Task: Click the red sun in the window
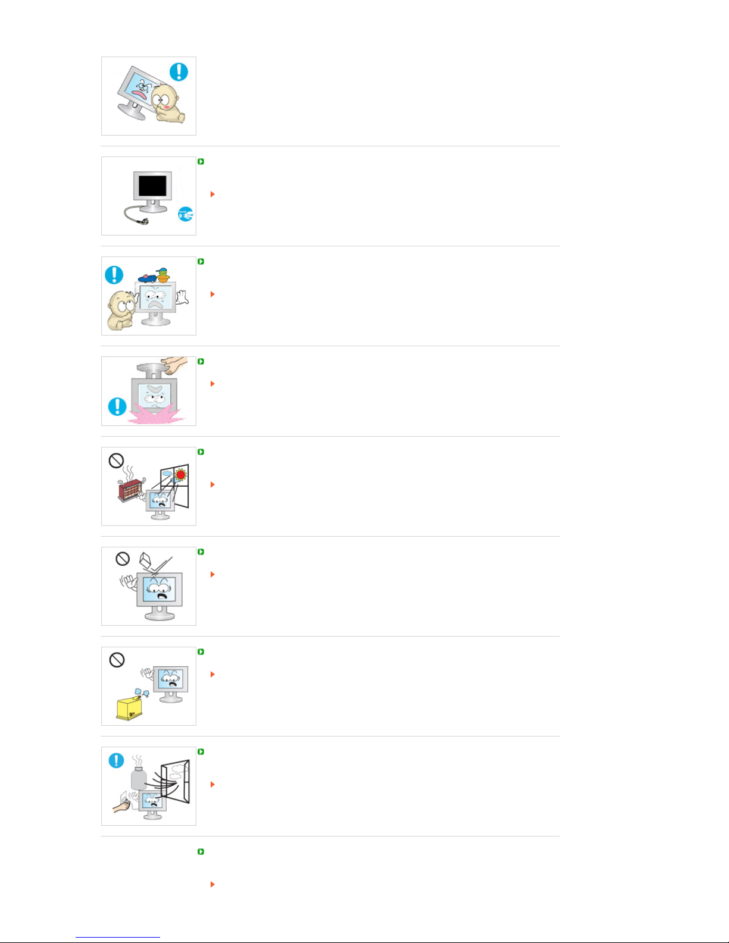click(x=180, y=475)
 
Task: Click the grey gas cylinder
click(x=139, y=778)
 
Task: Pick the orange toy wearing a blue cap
click(x=162, y=275)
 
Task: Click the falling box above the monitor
click(x=146, y=560)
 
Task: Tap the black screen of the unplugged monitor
click(x=152, y=186)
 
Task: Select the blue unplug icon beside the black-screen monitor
click(x=186, y=214)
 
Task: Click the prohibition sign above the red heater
click(x=116, y=460)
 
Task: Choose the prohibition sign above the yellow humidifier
click(x=117, y=660)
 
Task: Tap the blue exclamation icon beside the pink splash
click(x=117, y=407)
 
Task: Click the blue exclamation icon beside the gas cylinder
click(x=116, y=760)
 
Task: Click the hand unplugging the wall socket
click(x=121, y=806)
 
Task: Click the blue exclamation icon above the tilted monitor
click(x=179, y=72)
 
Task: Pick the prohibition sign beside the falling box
click(x=123, y=559)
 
